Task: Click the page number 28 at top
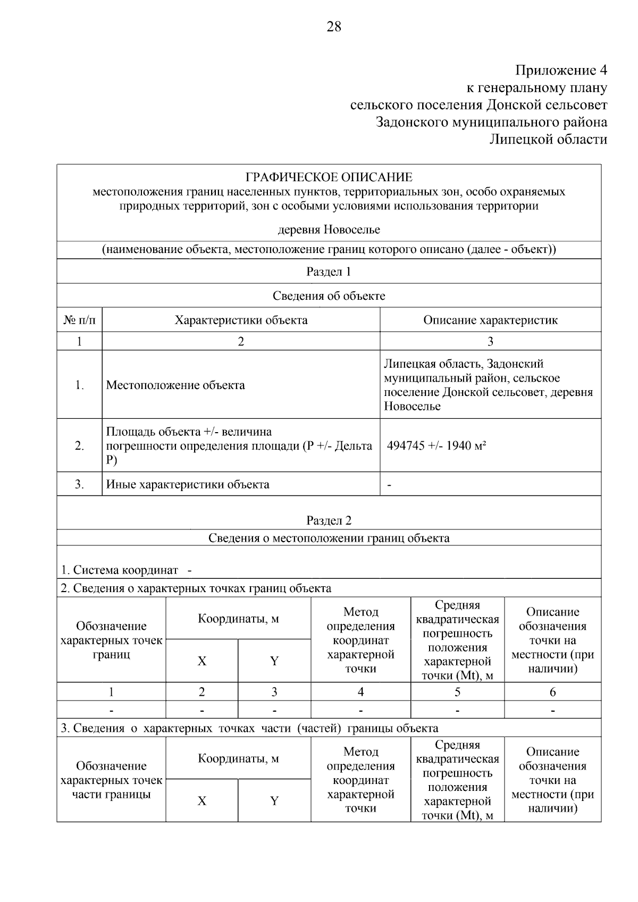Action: tap(333, 27)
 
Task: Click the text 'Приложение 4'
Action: tap(561, 70)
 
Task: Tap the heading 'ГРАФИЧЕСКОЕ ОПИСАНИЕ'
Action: tap(329, 177)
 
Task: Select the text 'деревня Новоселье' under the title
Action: tap(329, 230)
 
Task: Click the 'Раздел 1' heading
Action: tap(329, 272)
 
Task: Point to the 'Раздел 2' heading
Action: tap(329, 520)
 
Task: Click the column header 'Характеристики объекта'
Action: tap(241, 320)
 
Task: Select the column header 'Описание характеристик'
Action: tap(490, 320)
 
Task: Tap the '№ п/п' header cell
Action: tap(79, 320)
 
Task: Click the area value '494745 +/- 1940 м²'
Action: tap(436, 445)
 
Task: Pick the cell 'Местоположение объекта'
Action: tap(175, 385)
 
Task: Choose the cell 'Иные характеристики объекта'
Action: tap(188, 484)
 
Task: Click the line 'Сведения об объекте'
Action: tap(329, 296)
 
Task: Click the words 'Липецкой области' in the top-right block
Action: tap(548, 139)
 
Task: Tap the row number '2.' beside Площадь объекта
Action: tap(79, 445)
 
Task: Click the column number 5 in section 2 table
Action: tap(457, 692)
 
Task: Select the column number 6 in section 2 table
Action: tap(552, 692)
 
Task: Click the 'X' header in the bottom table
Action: tap(202, 800)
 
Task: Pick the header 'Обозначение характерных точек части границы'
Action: tap(111, 780)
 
